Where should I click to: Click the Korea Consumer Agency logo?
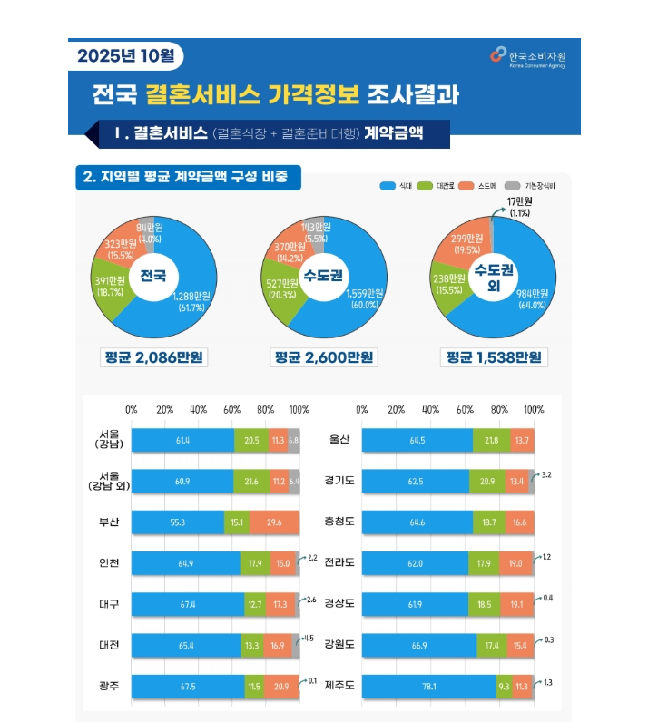click(x=496, y=55)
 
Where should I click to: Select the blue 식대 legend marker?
click(x=387, y=185)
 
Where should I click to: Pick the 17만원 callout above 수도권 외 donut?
click(x=519, y=206)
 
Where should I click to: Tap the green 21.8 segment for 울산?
click(x=491, y=440)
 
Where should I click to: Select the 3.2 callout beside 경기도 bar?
click(x=545, y=474)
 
